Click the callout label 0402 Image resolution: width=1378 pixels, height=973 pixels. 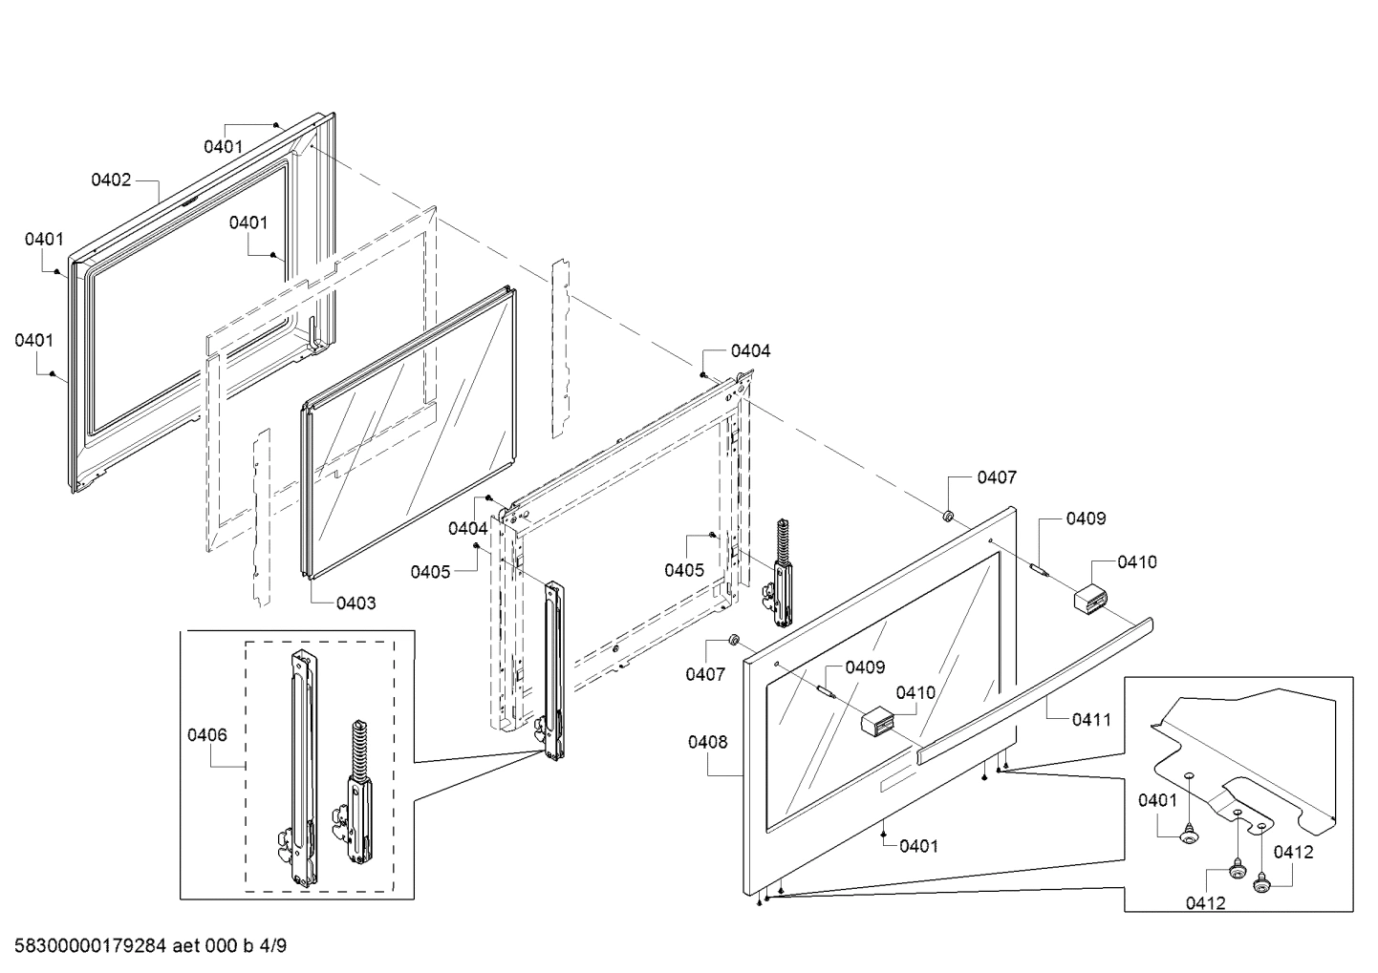tap(111, 180)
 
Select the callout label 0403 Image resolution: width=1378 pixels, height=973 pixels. tap(355, 603)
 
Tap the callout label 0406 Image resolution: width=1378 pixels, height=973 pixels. tap(207, 734)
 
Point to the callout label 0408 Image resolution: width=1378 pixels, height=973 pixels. tap(707, 742)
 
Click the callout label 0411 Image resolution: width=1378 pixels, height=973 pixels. tap(1091, 719)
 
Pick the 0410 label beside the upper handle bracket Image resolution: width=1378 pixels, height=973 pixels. tap(1136, 561)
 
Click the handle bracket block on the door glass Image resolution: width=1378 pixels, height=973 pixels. tap(877, 722)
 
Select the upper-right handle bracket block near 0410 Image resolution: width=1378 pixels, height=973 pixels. tap(1089, 601)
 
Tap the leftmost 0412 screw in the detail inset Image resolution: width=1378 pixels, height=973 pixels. tap(1235, 870)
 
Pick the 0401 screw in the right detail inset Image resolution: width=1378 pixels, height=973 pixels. tap(1189, 836)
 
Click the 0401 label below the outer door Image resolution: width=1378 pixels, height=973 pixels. tap(918, 845)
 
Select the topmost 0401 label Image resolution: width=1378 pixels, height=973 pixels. tap(223, 146)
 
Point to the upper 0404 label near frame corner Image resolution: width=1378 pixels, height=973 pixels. tap(750, 350)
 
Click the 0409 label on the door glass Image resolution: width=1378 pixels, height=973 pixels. tap(865, 667)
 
